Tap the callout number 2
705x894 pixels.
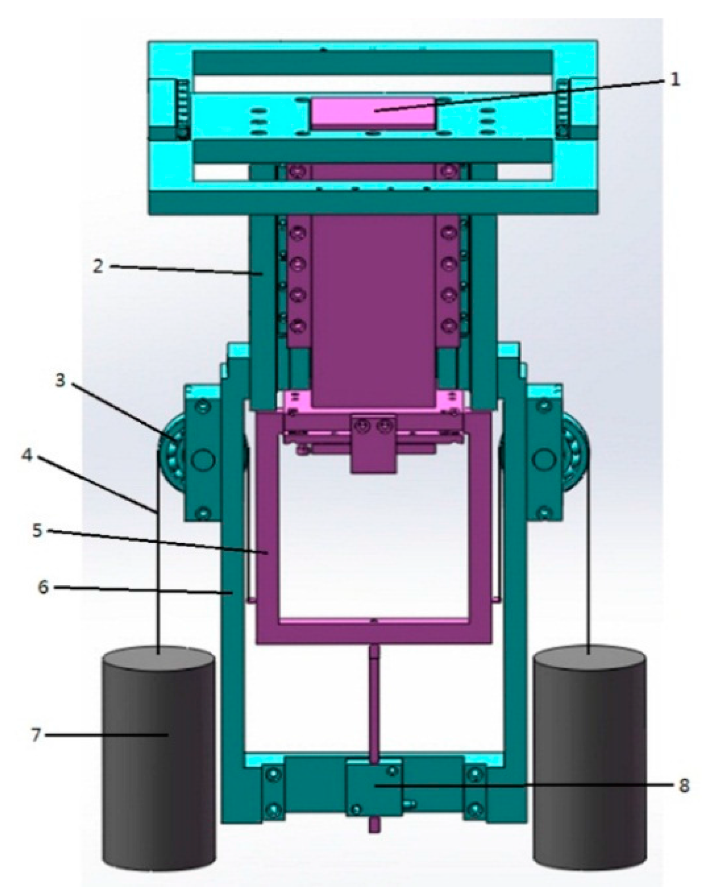point(98,266)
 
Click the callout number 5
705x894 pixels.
point(37,531)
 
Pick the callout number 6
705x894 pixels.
point(43,587)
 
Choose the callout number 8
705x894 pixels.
point(683,785)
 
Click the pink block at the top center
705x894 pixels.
point(372,112)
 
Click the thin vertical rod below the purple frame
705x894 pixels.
point(374,700)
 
